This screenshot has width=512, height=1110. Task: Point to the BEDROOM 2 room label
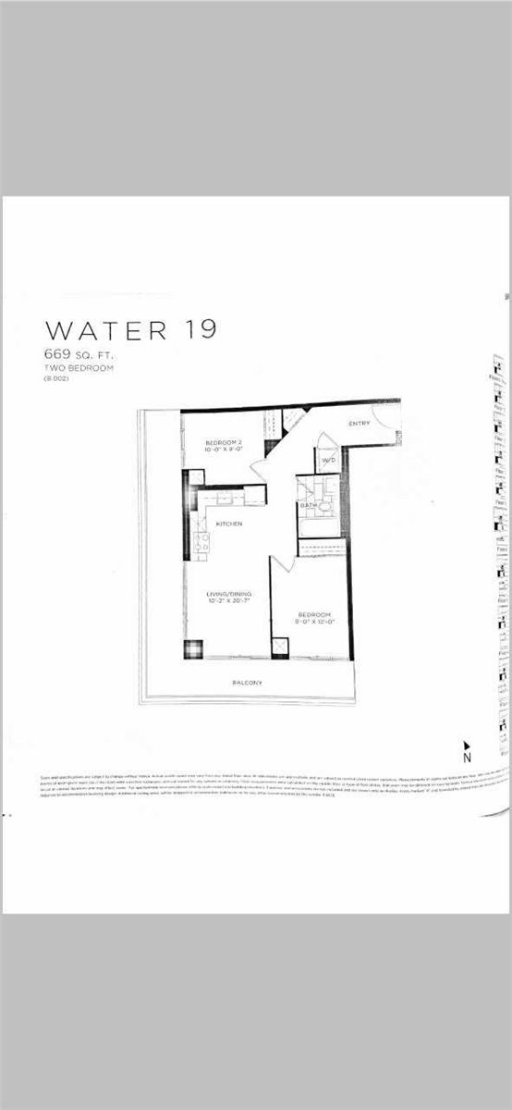coord(223,443)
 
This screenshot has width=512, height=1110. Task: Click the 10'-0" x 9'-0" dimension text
coord(223,452)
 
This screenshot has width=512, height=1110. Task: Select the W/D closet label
coord(328,460)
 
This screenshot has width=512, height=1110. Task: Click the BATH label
coord(308,506)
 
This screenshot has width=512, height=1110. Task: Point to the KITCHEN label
coord(229,524)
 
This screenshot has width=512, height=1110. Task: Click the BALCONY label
coord(247,683)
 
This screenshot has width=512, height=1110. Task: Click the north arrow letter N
coord(467,758)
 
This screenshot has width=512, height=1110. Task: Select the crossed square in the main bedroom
coord(280,647)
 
